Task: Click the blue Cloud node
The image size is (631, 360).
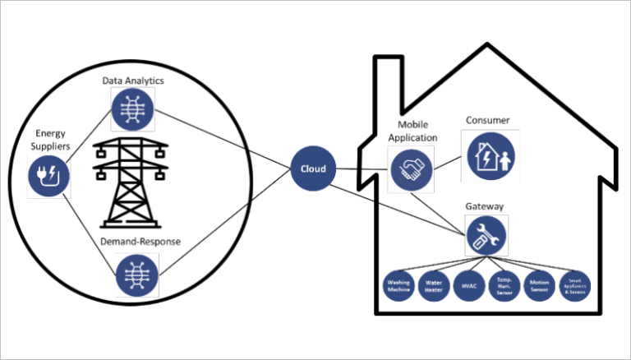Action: coord(311,168)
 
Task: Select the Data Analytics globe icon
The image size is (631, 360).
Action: coord(132,109)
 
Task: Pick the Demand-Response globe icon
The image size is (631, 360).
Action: coord(132,274)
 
